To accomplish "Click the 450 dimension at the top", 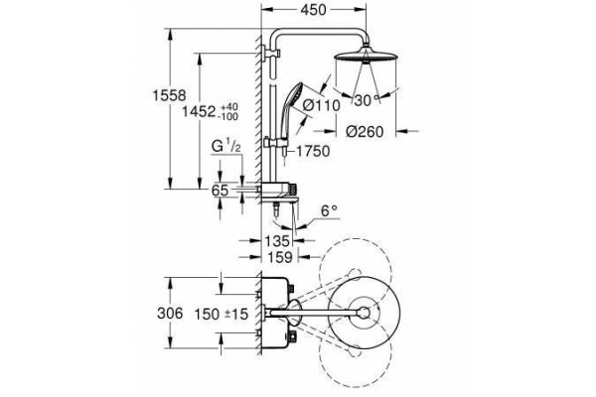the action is (x=313, y=10).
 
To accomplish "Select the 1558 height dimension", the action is (x=169, y=95).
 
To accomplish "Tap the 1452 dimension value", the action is (x=199, y=112).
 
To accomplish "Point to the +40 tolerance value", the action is (x=228, y=106).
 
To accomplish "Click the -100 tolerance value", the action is (x=227, y=116).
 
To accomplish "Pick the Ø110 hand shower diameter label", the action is (x=322, y=105).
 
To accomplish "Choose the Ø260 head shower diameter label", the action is (x=365, y=132).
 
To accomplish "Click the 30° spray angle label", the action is (x=368, y=100).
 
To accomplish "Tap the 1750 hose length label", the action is (x=313, y=151).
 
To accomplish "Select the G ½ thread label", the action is (x=226, y=147).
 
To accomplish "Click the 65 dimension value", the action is (x=221, y=191).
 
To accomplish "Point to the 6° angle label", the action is (x=329, y=210).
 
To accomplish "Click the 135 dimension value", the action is (x=277, y=241).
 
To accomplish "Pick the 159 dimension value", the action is (x=279, y=257).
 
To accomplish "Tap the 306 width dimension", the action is (x=170, y=314).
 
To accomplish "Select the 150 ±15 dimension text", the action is (x=222, y=315).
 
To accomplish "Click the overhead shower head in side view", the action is (x=366, y=57).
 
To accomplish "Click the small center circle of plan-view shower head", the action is (x=365, y=313).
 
